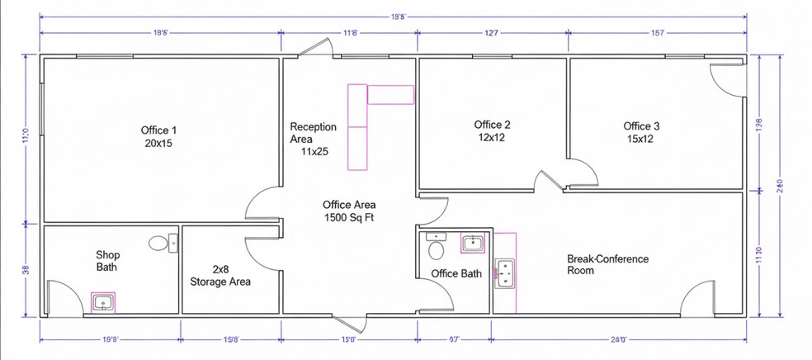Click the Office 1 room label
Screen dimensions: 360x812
(x=158, y=136)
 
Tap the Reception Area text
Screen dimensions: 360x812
(x=313, y=139)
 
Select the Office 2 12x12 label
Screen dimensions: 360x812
(x=492, y=131)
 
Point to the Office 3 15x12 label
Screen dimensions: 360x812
(x=641, y=132)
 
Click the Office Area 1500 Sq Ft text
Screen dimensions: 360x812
(x=349, y=211)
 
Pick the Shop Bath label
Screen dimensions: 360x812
(x=108, y=261)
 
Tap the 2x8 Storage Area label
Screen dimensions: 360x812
(x=220, y=275)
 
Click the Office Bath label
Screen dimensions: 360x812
(x=456, y=273)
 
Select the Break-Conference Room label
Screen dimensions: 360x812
(x=607, y=264)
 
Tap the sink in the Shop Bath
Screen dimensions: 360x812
(x=102, y=303)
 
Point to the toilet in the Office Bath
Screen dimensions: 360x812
(x=437, y=247)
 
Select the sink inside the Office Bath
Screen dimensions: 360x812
(x=472, y=243)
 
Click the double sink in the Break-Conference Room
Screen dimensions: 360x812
(x=504, y=274)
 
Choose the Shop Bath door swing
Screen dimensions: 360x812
(x=60, y=297)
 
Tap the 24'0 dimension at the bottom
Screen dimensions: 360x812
(x=618, y=339)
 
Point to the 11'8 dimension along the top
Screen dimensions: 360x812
(x=350, y=33)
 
